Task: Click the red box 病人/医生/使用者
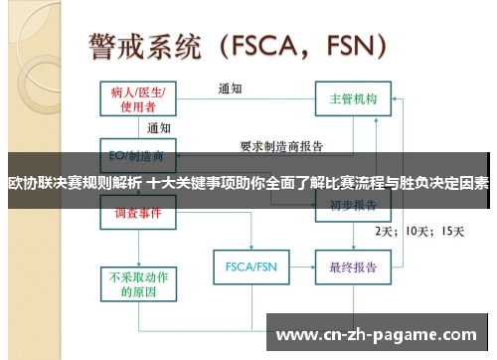(138, 99)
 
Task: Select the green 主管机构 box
(353, 100)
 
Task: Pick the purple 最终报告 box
(353, 267)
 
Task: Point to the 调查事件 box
(138, 213)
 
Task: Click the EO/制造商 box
(138, 155)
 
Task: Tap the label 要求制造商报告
(282, 146)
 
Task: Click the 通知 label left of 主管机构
(231, 89)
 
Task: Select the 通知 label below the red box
(159, 128)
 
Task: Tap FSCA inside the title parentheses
(269, 45)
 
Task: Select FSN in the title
(348, 45)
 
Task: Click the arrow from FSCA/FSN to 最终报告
(299, 267)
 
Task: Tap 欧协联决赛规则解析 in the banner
(75, 183)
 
